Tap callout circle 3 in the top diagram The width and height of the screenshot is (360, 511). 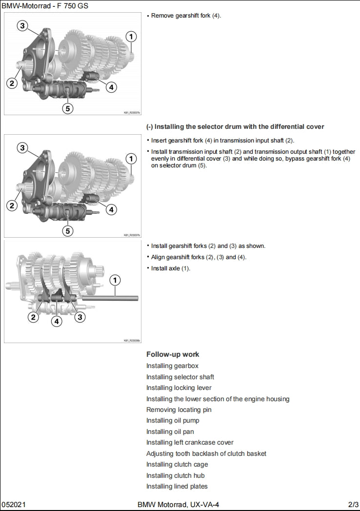(x=23, y=26)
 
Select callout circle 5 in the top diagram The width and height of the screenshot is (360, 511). (x=68, y=108)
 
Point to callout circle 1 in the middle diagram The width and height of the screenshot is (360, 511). (x=131, y=159)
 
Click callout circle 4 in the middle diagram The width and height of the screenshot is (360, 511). (x=111, y=209)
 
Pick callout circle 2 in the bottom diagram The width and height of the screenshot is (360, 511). (x=33, y=317)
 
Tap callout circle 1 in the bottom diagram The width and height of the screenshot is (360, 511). (x=115, y=280)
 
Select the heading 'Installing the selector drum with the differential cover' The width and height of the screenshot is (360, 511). (x=235, y=127)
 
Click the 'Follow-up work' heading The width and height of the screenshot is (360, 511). (x=173, y=354)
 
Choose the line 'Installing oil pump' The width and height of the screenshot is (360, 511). (x=173, y=420)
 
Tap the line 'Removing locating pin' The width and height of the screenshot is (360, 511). (x=179, y=409)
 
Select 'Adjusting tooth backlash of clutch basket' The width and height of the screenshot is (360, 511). (x=206, y=453)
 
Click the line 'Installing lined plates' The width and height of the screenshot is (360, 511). (x=177, y=486)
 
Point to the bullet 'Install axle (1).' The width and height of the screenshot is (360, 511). (x=171, y=268)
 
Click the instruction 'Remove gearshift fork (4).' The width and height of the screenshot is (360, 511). (x=186, y=16)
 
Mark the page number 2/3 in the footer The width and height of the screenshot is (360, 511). (x=353, y=504)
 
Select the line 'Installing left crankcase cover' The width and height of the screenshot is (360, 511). (x=190, y=442)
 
